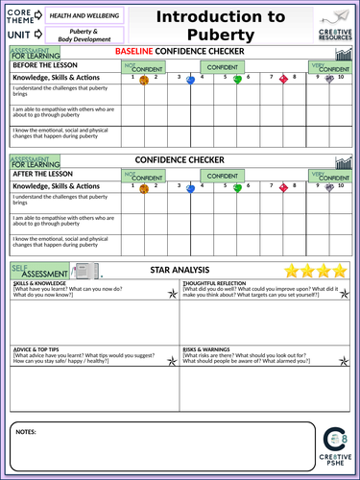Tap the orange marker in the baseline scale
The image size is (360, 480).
[143, 81]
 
